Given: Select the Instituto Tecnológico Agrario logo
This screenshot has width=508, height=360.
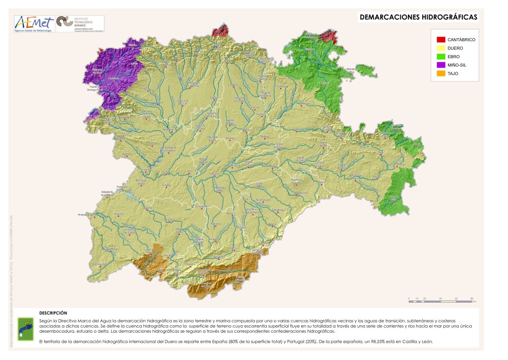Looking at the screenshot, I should [79, 24].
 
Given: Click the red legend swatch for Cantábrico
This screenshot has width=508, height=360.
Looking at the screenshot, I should [441, 39].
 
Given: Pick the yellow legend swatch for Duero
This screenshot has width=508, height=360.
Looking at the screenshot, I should [441, 48].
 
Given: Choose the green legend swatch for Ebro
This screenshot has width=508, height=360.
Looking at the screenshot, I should [441, 56].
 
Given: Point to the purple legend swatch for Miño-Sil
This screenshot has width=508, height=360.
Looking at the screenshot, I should [441, 64].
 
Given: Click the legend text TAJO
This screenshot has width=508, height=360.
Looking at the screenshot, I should [453, 73].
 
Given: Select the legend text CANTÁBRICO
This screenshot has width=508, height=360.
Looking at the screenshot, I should [461, 39].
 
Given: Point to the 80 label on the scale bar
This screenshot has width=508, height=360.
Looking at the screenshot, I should [471, 298].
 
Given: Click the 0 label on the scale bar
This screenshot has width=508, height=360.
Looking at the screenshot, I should [409, 298].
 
